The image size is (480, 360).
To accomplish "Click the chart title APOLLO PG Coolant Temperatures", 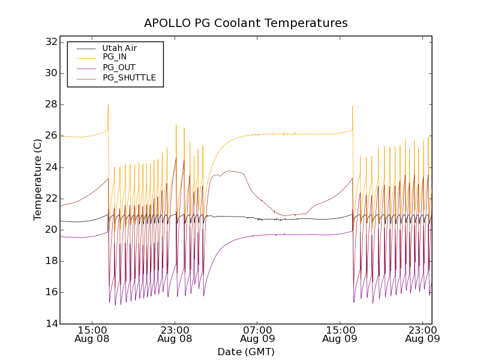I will [246, 23].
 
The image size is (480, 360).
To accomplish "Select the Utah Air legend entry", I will [119, 47].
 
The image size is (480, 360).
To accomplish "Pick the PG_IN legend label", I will [115, 57].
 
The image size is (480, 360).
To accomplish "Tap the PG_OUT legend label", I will [119, 67].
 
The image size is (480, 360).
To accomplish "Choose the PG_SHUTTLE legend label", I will [129, 77].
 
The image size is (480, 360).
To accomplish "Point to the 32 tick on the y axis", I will [50, 42].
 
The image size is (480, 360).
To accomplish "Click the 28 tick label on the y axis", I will [50, 104].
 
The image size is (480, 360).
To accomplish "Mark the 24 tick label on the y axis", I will [50, 167].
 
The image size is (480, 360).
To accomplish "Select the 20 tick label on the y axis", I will [50, 230].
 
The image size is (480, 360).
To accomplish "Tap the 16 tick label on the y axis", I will [50, 292].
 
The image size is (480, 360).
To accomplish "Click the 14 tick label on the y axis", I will [50, 323].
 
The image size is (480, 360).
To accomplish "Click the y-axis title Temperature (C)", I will [38, 179].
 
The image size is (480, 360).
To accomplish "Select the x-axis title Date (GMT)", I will [246, 352].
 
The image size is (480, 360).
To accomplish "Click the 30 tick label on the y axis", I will [50, 73].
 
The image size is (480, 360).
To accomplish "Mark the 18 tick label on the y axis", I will [50, 261].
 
